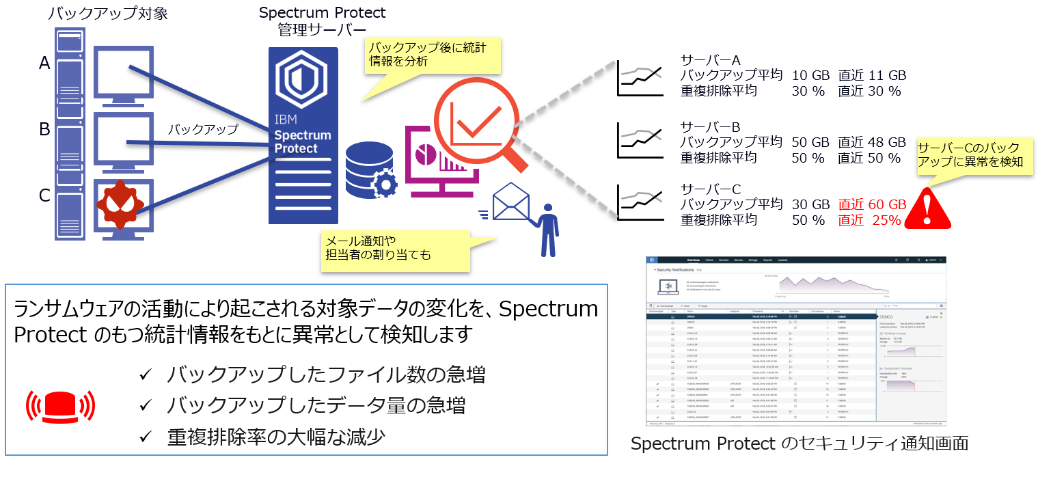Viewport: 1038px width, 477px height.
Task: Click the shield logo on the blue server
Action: click(301, 81)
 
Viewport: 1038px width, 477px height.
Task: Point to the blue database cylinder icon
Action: click(365, 170)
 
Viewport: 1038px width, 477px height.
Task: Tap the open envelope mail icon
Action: click(511, 202)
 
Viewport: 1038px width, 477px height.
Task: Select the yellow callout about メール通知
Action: click(396, 249)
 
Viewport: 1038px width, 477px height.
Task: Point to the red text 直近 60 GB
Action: click(872, 204)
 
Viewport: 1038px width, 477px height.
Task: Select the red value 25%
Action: click(886, 221)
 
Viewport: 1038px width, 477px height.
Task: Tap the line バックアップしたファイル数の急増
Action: click(327, 375)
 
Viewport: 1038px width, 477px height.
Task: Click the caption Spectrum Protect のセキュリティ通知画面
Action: click(799, 444)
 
